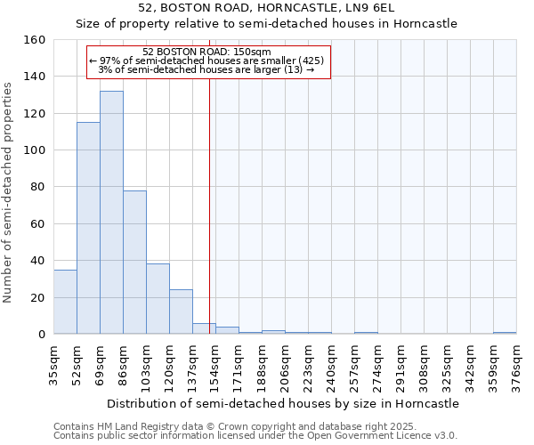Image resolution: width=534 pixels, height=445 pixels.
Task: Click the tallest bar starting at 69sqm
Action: (111, 213)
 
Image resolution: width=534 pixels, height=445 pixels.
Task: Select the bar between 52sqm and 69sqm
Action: (88, 228)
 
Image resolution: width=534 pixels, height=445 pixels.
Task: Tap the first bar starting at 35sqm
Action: (65, 302)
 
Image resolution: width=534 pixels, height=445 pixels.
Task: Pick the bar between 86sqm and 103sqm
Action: (134, 263)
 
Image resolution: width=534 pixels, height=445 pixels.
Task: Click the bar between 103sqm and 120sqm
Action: (158, 299)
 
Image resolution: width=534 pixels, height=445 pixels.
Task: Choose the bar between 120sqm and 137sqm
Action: (181, 311)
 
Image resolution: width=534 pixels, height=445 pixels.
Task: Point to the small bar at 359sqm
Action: (505, 333)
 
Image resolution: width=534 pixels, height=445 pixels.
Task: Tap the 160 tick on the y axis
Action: (35, 40)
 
